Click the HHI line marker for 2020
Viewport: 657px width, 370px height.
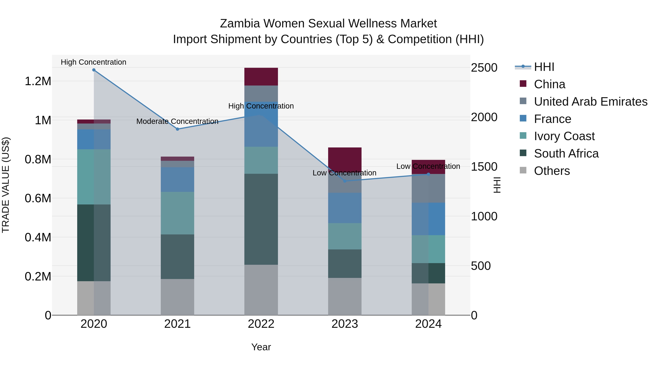pyautogui.click(x=94, y=70)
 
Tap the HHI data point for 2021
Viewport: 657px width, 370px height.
pyautogui.click(x=178, y=129)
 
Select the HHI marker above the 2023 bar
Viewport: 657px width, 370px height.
pyautogui.click(x=345, y=181)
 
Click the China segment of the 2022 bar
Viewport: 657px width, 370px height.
pyautogui.click(x=261, y=77)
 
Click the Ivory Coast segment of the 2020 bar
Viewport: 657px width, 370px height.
pyautogui.click(x=94, y=177)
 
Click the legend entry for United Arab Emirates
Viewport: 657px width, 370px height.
pyautogui.click(x=590, y=102)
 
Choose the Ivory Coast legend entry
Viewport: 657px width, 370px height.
pyautogui.click(x=564, y=136)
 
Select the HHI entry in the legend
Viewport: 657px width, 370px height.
pyautogui.click(x=544, y=67)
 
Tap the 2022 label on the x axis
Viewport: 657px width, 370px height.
pyautogui.click(x=261, y=324)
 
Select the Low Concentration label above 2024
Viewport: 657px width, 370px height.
pyautogui.click(x=428, y=166)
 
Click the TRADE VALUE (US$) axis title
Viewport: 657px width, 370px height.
pyautogui.click(x=6, y=185)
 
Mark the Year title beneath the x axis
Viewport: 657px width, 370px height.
pyautogui.click(x=261, y=347)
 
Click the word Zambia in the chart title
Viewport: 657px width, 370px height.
pyautogui.click(x=240, y=24)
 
